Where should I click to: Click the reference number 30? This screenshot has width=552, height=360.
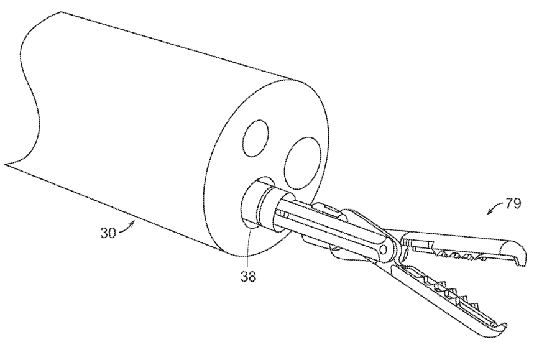point(108,234)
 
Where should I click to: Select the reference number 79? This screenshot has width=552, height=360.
point(513,203)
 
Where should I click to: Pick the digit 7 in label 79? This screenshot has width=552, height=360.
point(509,203)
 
